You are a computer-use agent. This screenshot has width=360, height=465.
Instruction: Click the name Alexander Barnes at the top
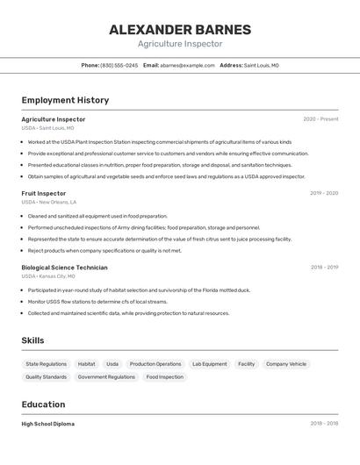tap(180, 30)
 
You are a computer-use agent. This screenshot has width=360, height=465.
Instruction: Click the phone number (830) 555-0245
tap(119, 65)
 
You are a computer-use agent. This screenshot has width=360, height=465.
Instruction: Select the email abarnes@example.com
tap(187, 65)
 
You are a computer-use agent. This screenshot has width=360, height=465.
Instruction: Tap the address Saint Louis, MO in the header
tap(261, 65)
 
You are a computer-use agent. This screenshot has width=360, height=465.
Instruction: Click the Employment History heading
tap(65, 100)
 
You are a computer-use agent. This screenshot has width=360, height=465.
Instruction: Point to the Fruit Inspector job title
tap(44, 193)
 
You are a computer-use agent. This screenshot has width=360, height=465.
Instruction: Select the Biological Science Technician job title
tap(65, 268)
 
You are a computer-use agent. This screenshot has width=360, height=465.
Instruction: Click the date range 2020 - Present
tap(320, 119)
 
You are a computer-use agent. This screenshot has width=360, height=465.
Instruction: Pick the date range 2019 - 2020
tap(324, 193)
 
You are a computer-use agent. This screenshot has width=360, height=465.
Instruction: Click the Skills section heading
tap(32, 340)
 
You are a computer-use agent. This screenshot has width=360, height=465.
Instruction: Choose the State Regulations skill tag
tap(46, 363)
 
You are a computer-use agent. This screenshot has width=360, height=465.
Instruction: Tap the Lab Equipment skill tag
tap(210, 363)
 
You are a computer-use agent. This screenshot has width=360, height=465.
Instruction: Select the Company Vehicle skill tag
tap(286, 363)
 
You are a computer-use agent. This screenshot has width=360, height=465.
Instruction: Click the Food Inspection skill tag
tap(165, 376)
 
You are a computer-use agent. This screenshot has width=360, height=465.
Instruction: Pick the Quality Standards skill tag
tap(46, 376)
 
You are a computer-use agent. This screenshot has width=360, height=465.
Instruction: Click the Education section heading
tap(43, 404)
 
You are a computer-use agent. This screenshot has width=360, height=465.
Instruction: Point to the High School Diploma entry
tap(48, 424)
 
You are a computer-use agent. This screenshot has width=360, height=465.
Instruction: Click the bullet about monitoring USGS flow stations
tap(97, 302)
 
